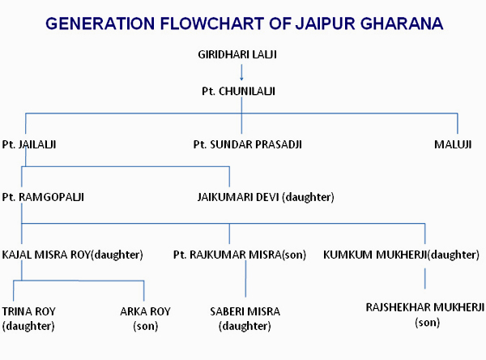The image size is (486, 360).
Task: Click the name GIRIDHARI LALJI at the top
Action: click(x=237, y=54)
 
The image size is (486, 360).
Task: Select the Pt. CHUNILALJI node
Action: click(x=238, y=92)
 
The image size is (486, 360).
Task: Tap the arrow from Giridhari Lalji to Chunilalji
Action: click(x=241, y=73)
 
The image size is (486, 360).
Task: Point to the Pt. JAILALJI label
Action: click(x=29, y=144)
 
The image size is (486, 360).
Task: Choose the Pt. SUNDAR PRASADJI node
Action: click(x=247, y=144)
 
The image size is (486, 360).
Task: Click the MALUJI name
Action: click(x=453, y=144)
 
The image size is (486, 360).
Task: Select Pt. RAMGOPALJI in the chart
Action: click(x=43, y=197)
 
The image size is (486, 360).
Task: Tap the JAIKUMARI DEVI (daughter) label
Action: click(x=266, y=197)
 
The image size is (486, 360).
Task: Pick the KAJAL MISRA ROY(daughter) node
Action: click(x=72, y=255)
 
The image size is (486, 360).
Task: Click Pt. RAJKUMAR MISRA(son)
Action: click(x=239, y=255)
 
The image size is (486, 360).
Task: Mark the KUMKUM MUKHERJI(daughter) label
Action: click(x=401, y=255)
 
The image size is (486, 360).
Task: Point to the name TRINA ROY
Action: click(x=28, y=311)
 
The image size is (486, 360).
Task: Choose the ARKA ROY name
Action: click(x=145, y=311)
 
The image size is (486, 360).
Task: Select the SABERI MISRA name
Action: click(x=245, y=311)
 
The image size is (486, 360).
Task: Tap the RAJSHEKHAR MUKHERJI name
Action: click(x=425, y=307)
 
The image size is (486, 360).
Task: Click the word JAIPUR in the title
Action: click(x=324, y=24)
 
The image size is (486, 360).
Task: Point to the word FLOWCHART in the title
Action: click(x=211, y=24)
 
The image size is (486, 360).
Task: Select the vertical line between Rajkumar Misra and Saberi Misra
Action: click(x=245, y=279)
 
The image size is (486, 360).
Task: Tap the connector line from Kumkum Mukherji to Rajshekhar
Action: click(x=424, y=279)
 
